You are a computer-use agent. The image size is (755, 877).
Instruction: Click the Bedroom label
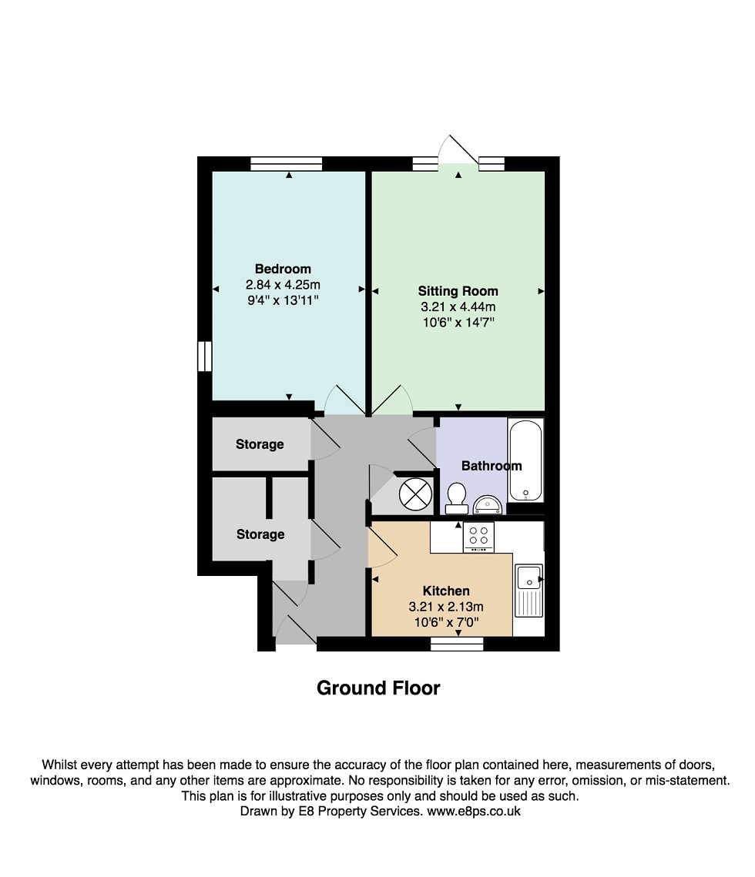point(283,269)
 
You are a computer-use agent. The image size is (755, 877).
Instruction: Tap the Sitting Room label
point(458,291)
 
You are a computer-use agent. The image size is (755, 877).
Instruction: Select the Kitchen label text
point(446,591)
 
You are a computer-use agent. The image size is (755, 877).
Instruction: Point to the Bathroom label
point(492,466)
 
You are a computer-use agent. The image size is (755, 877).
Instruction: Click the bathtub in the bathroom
point(525,460)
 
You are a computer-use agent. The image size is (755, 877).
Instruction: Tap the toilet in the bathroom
point(458,498)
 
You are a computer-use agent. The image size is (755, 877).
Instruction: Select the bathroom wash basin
point(488,504)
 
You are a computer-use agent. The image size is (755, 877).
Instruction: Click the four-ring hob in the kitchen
point(478,537)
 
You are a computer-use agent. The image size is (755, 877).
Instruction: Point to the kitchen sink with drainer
point(529,590)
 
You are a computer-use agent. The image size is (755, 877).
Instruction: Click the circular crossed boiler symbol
point(415,494)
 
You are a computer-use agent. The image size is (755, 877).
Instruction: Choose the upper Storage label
point(260,444)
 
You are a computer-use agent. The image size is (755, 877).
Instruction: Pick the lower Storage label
point(260,534)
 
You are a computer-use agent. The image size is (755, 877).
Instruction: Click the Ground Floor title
point(378,688)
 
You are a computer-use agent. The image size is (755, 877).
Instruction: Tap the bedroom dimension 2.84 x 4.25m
point(284,285)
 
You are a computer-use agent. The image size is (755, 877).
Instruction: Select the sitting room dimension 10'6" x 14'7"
point(458,323)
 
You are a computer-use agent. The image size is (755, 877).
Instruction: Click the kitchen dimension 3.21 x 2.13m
point(446,606)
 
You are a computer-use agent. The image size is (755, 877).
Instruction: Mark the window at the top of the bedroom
point(286,163)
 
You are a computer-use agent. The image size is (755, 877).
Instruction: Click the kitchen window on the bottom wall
point(457,644)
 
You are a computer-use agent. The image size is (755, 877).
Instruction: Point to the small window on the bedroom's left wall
point(205,356)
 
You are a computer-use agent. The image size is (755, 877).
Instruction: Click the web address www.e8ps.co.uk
point(474,811)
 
